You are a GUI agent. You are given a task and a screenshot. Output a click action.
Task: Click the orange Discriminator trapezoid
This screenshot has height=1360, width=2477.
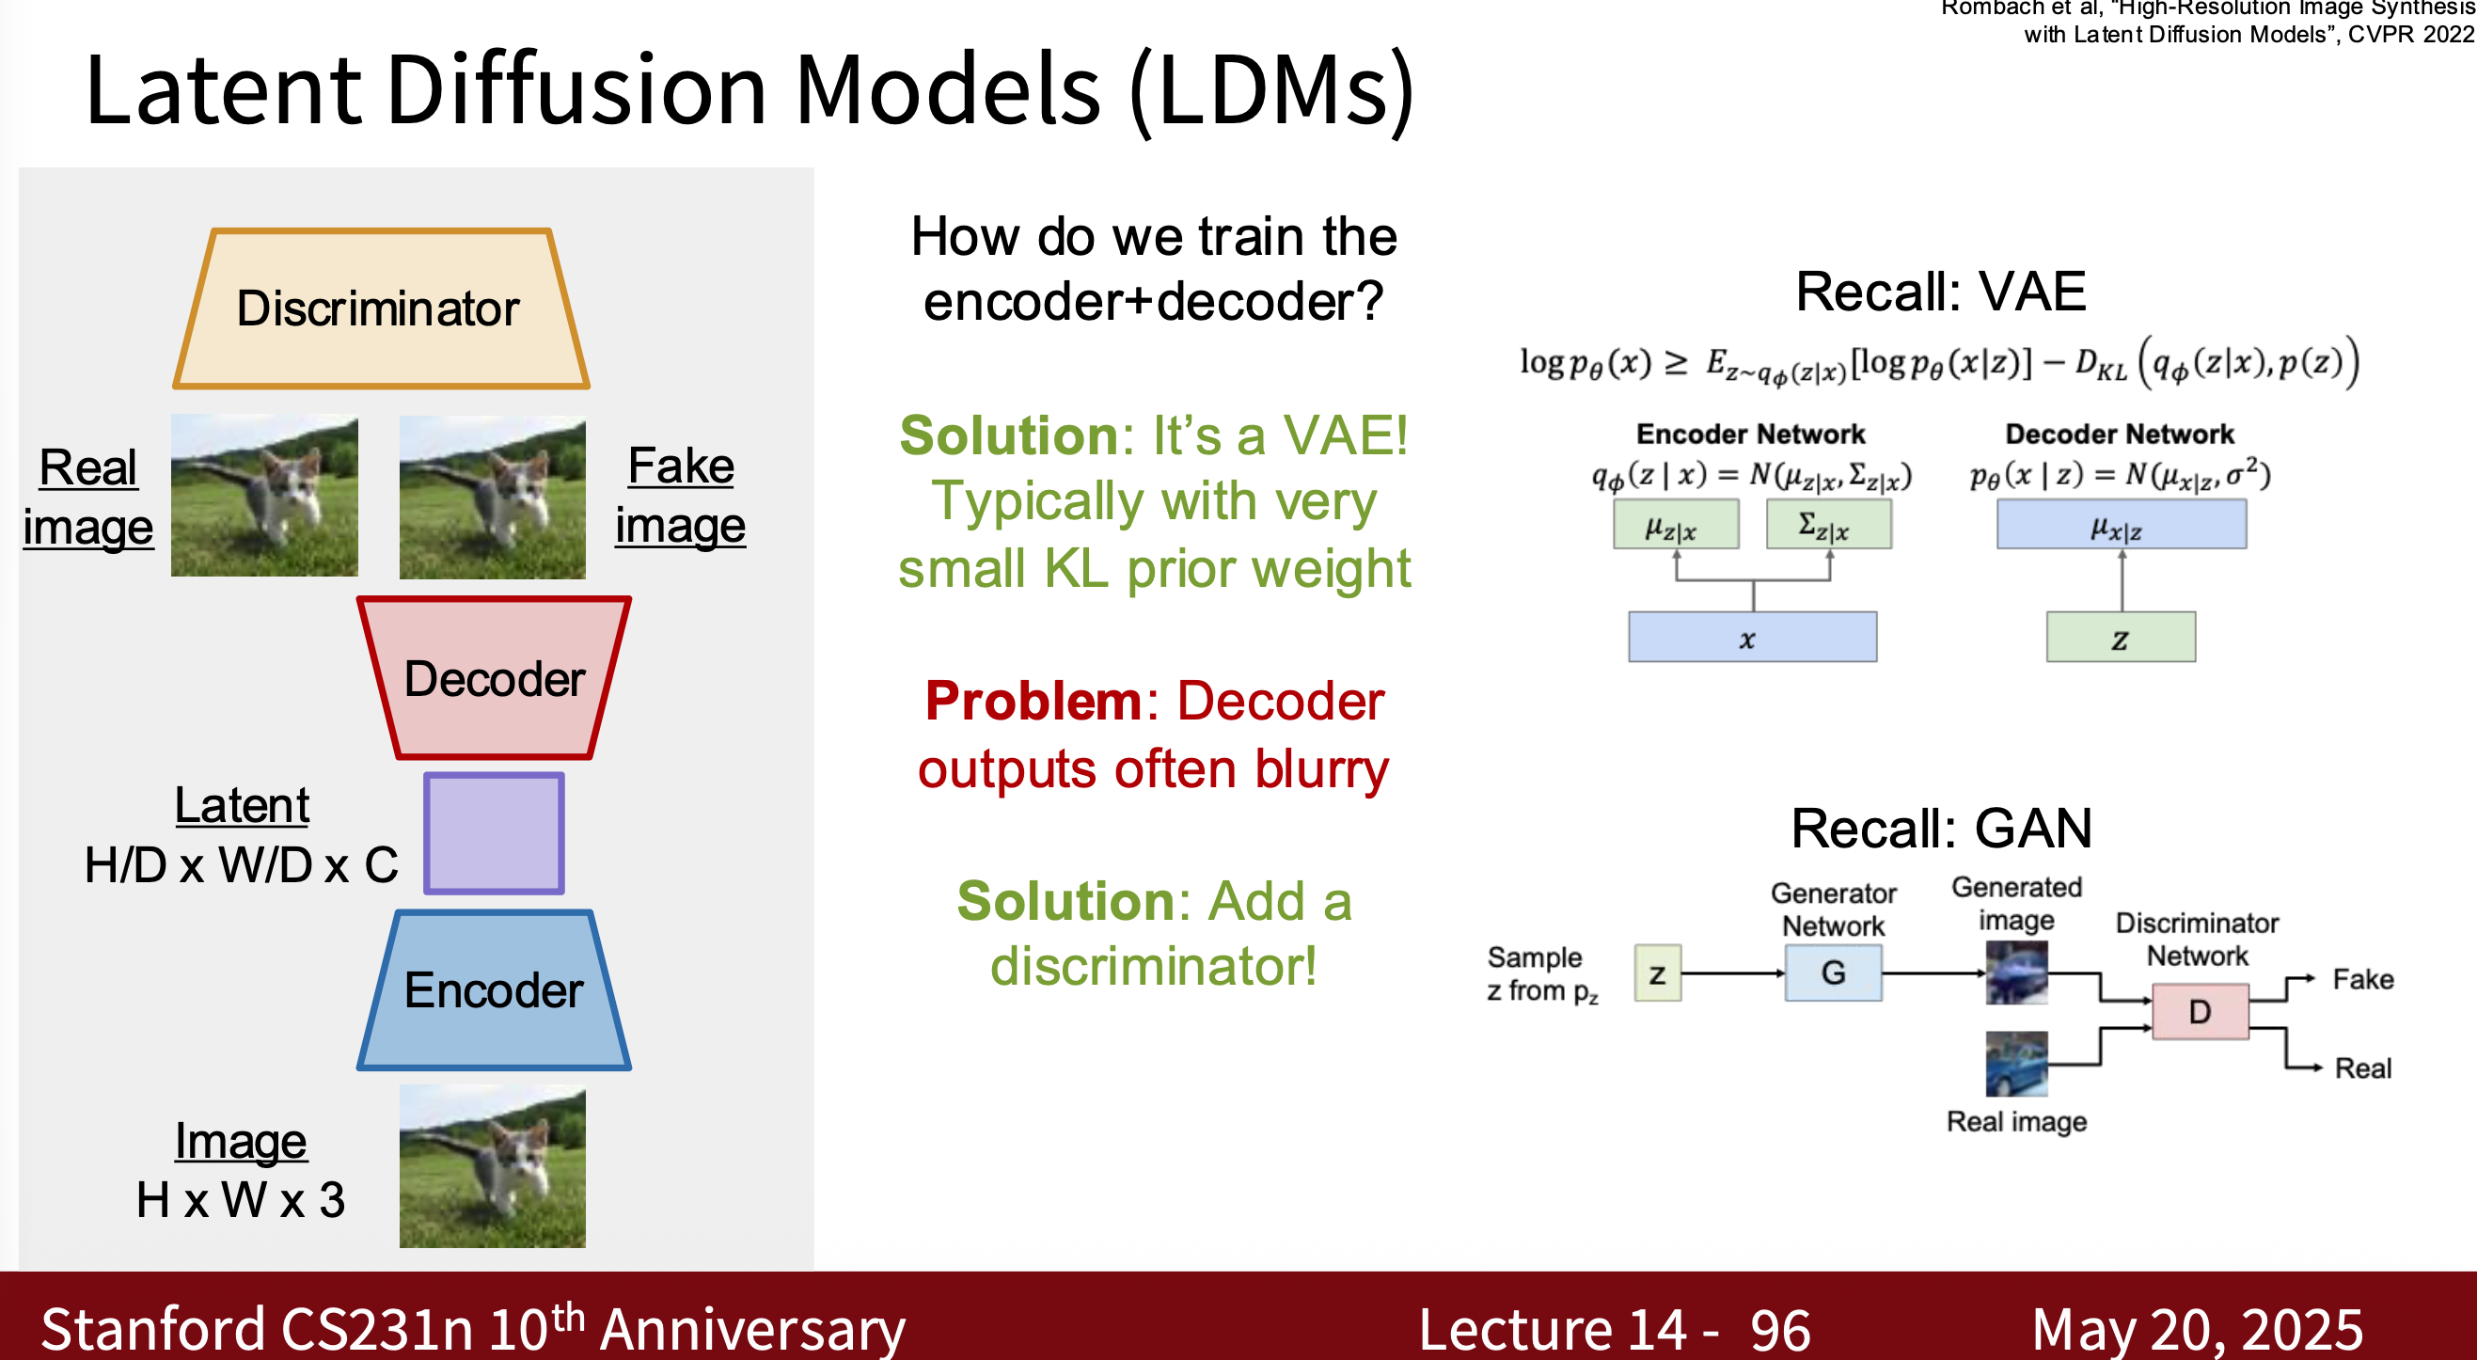380,308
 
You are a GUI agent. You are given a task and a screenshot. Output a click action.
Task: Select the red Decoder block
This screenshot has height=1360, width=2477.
494,678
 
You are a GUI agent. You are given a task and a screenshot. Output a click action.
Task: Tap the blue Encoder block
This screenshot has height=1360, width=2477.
494,989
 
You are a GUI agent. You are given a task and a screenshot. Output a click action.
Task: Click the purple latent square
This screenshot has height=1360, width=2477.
494,833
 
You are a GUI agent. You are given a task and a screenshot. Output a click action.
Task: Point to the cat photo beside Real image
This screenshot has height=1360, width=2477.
264,496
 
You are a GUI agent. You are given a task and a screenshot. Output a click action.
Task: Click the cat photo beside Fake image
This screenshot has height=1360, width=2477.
493,497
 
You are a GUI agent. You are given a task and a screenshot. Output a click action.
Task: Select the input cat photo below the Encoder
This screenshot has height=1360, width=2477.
493,1165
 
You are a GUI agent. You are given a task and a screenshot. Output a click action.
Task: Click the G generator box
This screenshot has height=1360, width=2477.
1833,973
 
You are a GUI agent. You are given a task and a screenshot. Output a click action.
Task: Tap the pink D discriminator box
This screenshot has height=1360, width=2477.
2199,1011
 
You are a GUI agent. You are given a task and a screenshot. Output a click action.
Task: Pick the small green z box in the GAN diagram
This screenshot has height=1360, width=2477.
1657,973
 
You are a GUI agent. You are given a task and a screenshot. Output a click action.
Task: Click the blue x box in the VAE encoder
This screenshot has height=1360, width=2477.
1751,637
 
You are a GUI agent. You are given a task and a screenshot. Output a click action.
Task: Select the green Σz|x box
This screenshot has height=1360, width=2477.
1828,524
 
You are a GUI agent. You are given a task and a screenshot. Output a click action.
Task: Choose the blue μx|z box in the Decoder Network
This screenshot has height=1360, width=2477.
2121,525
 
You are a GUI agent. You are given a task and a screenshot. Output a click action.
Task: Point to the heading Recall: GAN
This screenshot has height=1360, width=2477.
1940,827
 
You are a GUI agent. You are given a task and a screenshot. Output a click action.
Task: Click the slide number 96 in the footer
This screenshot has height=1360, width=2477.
1780,1329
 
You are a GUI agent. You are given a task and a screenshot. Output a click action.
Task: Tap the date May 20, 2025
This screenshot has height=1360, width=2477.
2197,1329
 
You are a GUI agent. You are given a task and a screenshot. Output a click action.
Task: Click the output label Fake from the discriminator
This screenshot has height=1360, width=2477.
2362,979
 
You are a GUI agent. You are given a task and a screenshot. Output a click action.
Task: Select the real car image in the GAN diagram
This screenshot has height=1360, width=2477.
2016,1063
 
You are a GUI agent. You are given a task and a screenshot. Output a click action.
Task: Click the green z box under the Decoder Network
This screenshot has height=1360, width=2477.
2121,637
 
